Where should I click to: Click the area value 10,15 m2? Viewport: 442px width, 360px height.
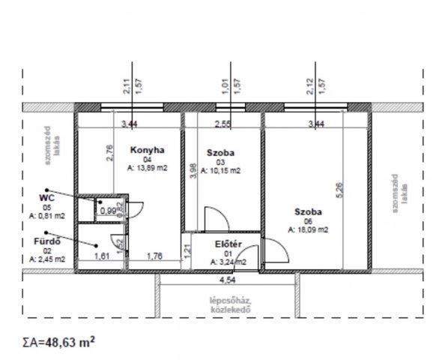tap(224, 171)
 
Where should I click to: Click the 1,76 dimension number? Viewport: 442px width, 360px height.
tap(155, 256)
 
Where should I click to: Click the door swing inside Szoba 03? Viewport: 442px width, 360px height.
tap(215, 219)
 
